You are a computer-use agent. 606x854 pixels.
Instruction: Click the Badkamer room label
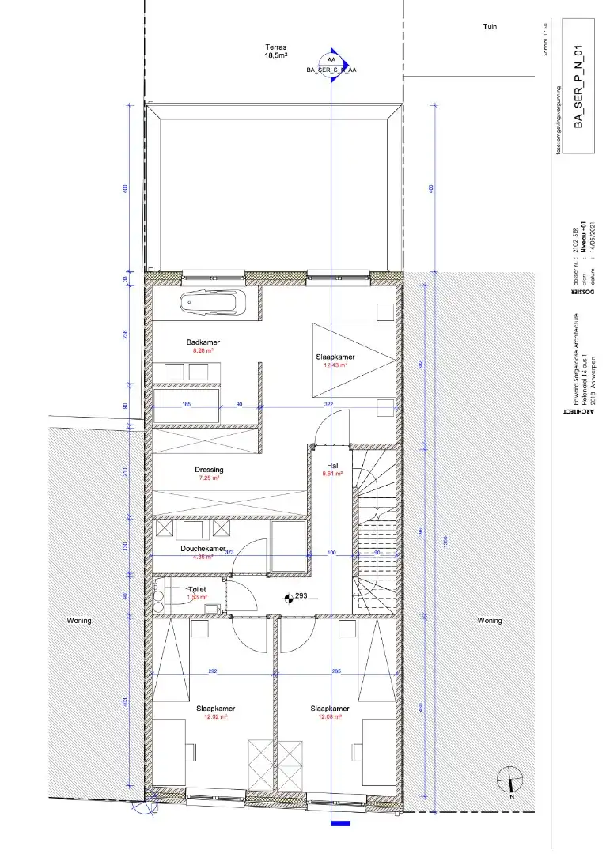[x=203, y=342]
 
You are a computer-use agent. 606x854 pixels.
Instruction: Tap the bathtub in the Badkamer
[x=213, y=303]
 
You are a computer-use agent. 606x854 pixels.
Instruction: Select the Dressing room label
[x=209, y=470]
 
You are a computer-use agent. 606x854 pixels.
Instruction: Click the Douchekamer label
[x=203, y=548]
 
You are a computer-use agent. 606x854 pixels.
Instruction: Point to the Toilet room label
[x=197, y=590]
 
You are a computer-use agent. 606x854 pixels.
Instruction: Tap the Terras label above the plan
[x=275, y=47]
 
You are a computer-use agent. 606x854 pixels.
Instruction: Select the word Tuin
[x=490, y=27]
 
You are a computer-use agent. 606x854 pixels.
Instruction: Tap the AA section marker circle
[x=331, y=60]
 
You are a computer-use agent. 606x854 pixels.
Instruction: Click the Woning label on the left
[x=79, y=621]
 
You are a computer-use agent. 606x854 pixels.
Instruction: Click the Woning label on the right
[x=489, y=621]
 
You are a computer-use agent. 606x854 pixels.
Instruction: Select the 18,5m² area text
[x=275, y=56]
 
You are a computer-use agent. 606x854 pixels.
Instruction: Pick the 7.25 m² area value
[x=209, y=478]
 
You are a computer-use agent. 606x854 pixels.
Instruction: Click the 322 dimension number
[x=329, y=405]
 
